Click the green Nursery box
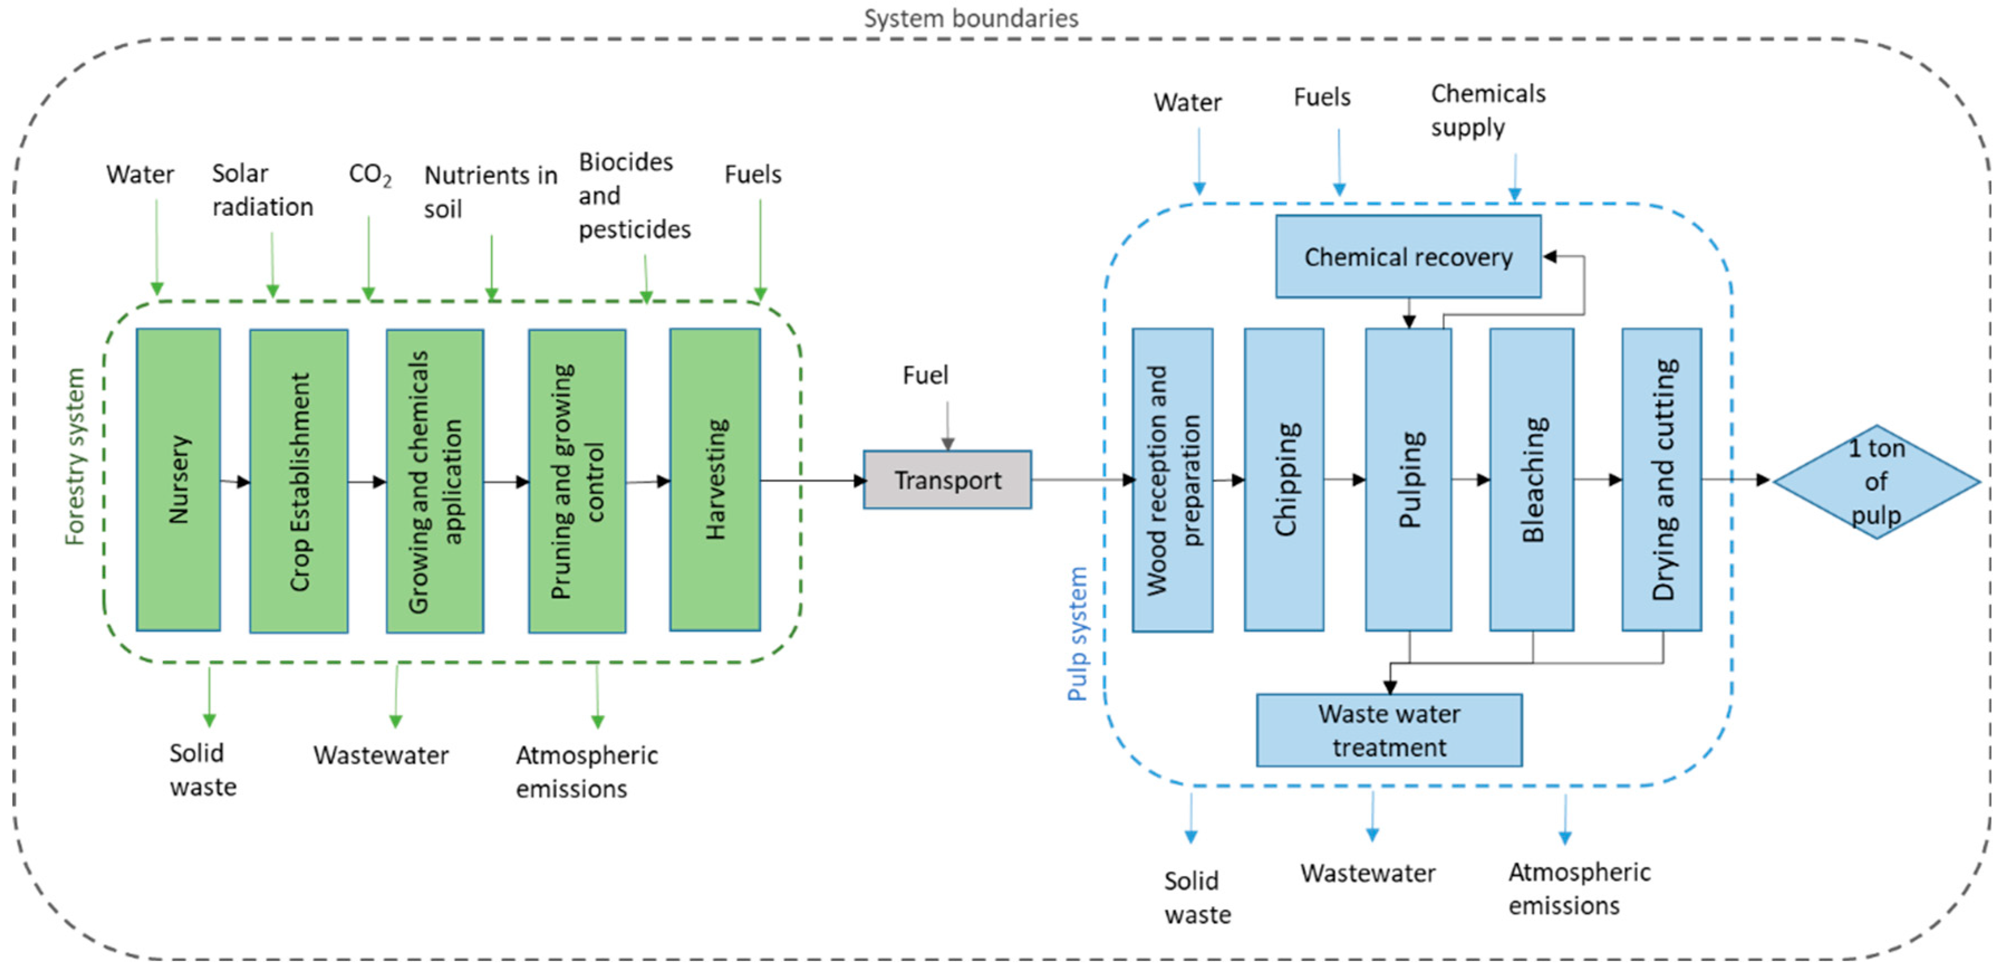click(178, 479)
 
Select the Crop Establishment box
click(299, 481)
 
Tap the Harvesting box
click(715, 479)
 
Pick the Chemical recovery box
click(1408, 257)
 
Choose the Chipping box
click(1283, 479)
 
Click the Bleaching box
click(1531, 479)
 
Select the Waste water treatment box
click(1389, 730)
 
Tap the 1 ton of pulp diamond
click(1876, 482)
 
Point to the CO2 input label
click(370, 174)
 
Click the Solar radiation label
click(262, 190)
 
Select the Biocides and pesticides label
click(633, 195)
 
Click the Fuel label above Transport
click(925, 375)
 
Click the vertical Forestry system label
click(75, 457)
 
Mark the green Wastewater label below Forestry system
click(380, 755)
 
